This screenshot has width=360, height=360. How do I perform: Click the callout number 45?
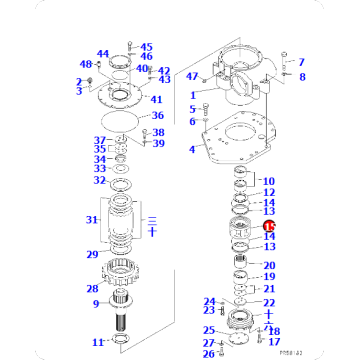[146, 47]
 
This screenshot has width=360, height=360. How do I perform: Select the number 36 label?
[157, 116]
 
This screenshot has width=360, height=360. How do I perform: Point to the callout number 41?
[156, 99]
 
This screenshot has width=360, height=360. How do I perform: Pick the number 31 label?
[93, 220]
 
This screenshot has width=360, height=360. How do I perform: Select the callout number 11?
[98, 343]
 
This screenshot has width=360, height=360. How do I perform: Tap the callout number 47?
[192, 76]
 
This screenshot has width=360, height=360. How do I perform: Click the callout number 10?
[269, 181]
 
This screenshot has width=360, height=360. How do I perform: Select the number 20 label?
[269, 265]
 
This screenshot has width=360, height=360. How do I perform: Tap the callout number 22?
[269, 303]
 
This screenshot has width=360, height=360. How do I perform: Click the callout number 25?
[208, 330]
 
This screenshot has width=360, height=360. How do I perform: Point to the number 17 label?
[274, 342]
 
